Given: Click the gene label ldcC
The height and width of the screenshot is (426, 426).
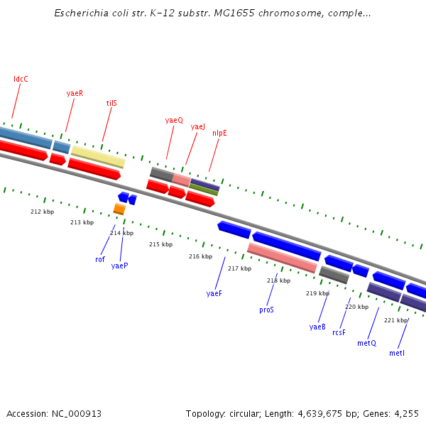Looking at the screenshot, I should pyautogui.click(x=21, y=79).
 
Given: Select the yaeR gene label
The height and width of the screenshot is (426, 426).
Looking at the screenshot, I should pyautogui.click(x=75, y=93).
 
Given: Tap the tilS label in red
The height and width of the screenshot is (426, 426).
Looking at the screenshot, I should pyautogui.click(x=111, y=103).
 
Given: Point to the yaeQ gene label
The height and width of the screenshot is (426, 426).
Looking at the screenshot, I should pyautogui.click(x=174, y=121).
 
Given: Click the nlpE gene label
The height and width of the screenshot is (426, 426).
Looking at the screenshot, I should pyautogui.click(x=219, y=133).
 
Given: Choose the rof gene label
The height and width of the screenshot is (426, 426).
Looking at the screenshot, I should pyautogui.click(x=100, y=259).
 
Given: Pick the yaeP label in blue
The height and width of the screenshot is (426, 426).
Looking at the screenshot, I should pyautogui.click(x=119, y=266).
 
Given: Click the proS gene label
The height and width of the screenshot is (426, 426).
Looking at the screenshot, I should pyautogui.click(x=266, y=310).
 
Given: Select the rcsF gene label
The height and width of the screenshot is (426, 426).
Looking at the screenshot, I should pyautogui.click(x=339, y=332).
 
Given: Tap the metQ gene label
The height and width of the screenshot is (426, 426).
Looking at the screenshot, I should pyautogui.click(x=366, y=343).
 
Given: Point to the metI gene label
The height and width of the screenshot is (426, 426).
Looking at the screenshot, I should pyautogui.click(x=397, y=353).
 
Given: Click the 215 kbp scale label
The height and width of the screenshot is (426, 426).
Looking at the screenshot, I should pyautogui.click(x=160, y=244).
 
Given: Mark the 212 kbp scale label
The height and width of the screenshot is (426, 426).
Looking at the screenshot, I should pyautogui.click(x=42, y=212).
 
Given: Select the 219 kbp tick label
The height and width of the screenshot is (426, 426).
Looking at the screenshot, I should pyautogui.click(x=317, y=293).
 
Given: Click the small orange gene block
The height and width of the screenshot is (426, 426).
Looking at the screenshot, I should pyautogui.click(x=119, y=209).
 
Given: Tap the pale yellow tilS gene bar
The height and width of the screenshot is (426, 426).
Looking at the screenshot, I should pyautogui.click(x=98, y=156).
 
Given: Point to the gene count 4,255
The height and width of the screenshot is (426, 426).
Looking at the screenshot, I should pyautogui.click(x=406, y=413).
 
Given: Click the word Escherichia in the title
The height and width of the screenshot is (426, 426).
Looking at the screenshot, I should pyautogui.click(x=80, y=13).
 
